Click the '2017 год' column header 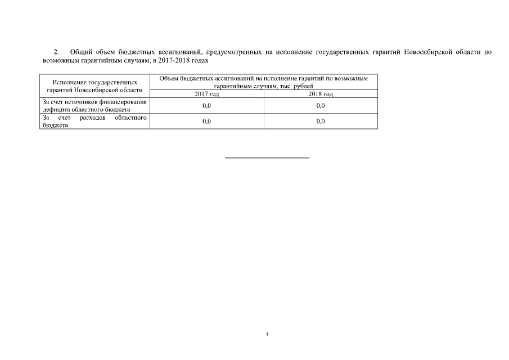pyautogui.click(x=206, y=94)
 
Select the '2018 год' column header pyautogui.click(x=321, y=94)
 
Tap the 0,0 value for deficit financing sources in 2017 pyautogui.click(x=206, y=106)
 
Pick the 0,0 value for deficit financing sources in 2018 pyautogui.click(x=321, y=106)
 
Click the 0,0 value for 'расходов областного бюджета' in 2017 pyautogui.click(x=206, y=121)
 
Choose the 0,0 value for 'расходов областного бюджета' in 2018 pyautogui.click(x=321, y=121)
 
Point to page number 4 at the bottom pyautogui.click(x=267, y=334)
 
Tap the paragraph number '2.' pyautogui.click(x=56, y=52)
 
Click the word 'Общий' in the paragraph pyautogui.click(x=81, y=52)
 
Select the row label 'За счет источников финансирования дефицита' pyautogui.click(x=94, y=106)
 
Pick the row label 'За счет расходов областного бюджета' pyautogui.click(x=94, y=121)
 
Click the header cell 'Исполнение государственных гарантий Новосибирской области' pyautogui.click(x=94, y=86)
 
